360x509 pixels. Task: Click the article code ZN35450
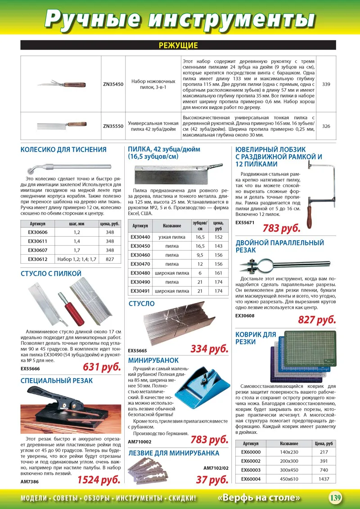coord(113,84)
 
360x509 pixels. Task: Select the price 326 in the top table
coord(326,126)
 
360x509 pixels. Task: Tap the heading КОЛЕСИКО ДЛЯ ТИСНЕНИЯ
coord(63,150)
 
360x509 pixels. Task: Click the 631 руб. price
coord(102,367)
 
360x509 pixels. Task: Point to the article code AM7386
coord(30,481)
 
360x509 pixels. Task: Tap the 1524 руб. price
coord(99,479)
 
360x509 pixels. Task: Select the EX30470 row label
coord(140,264)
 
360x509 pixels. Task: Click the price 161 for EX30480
coord(218,273)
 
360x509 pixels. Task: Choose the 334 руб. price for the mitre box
coord(209,349)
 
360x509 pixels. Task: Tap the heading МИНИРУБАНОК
coord(153,360)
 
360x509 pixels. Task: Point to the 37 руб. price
coord(212,480)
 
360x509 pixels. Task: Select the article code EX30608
coord(245,315)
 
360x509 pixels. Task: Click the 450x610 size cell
coord(289,479)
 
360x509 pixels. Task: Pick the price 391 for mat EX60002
coord(324,461)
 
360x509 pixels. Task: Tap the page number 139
coord(335,498)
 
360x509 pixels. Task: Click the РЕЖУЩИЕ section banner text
coord(179,45)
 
